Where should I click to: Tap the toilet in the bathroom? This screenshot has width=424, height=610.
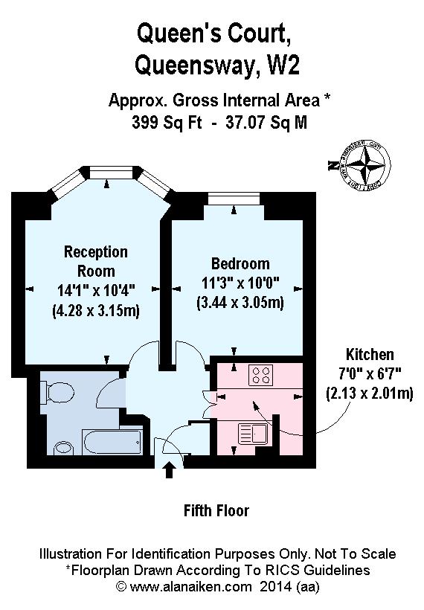(57, 391)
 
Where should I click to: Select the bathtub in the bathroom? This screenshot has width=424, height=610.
(112, 443)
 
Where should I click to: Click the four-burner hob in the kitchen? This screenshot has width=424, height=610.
(262, 375)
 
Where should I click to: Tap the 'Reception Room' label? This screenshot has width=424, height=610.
(95, 261)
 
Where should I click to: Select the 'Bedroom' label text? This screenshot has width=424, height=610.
(240, 264)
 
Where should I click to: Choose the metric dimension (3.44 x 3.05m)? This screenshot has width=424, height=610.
(240, 303)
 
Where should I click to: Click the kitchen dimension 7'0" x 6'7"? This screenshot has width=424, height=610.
(370, 373)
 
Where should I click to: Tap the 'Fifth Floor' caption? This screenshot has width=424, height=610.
(216, 511)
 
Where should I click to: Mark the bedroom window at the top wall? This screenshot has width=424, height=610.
(233, 198)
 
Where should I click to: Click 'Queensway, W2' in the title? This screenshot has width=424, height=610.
(217, 66)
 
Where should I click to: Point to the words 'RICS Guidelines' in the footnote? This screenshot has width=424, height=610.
(320, 571)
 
